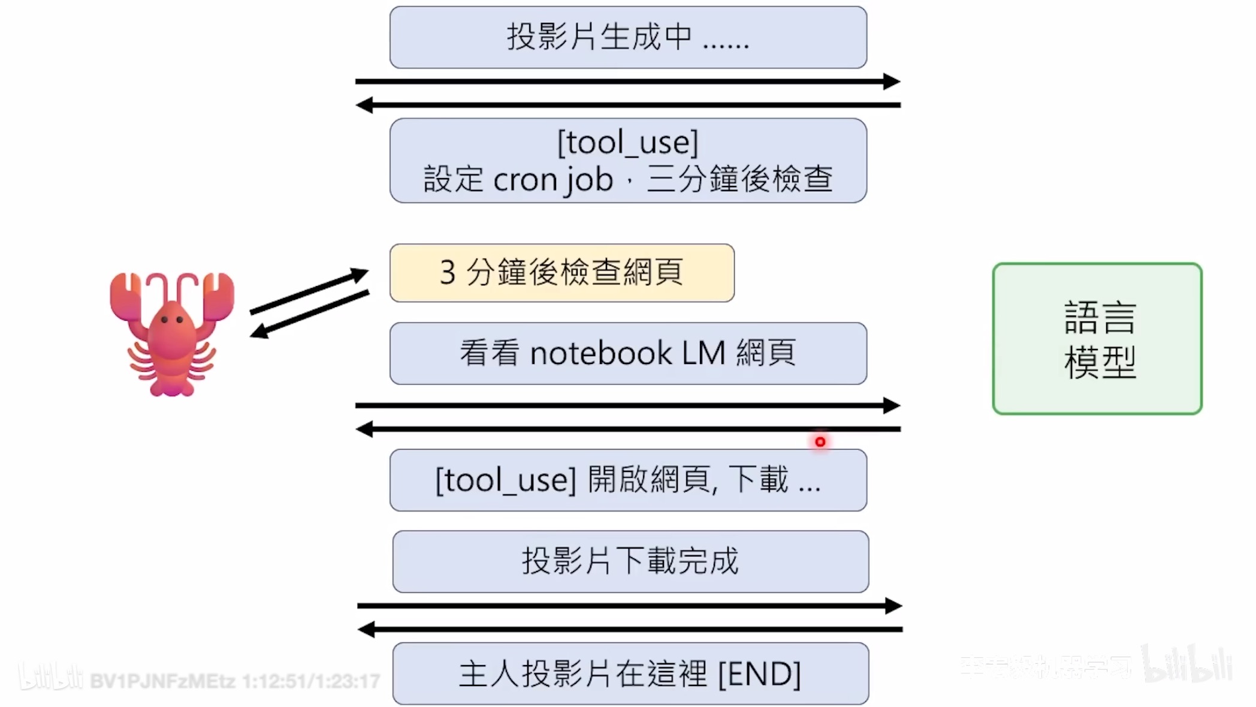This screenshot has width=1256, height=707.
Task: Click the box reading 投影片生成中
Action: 628,37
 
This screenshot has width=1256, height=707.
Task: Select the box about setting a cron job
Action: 628,161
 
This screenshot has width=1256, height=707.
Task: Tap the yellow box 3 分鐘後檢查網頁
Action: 561,273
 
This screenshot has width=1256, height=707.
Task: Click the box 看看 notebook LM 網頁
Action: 628,353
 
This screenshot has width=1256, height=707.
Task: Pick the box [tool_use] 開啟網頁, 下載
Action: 628,480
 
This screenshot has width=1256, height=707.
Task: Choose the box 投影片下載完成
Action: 630,561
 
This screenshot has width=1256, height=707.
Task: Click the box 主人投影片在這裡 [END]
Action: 630,673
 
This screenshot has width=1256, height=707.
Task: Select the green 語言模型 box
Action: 1097,339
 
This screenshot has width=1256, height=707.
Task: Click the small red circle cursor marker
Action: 820,442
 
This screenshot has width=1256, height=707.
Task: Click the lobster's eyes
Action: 172,320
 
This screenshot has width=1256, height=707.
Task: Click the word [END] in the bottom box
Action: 759,673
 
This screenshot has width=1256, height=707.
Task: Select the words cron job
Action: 552,179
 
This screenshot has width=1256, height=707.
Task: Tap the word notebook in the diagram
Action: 600,353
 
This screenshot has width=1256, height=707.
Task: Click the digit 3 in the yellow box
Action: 448,273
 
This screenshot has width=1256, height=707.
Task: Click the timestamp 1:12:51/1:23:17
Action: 311,681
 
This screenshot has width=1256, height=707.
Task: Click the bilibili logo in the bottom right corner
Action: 1186,664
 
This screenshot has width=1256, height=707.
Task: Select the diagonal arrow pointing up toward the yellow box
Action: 309,291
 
